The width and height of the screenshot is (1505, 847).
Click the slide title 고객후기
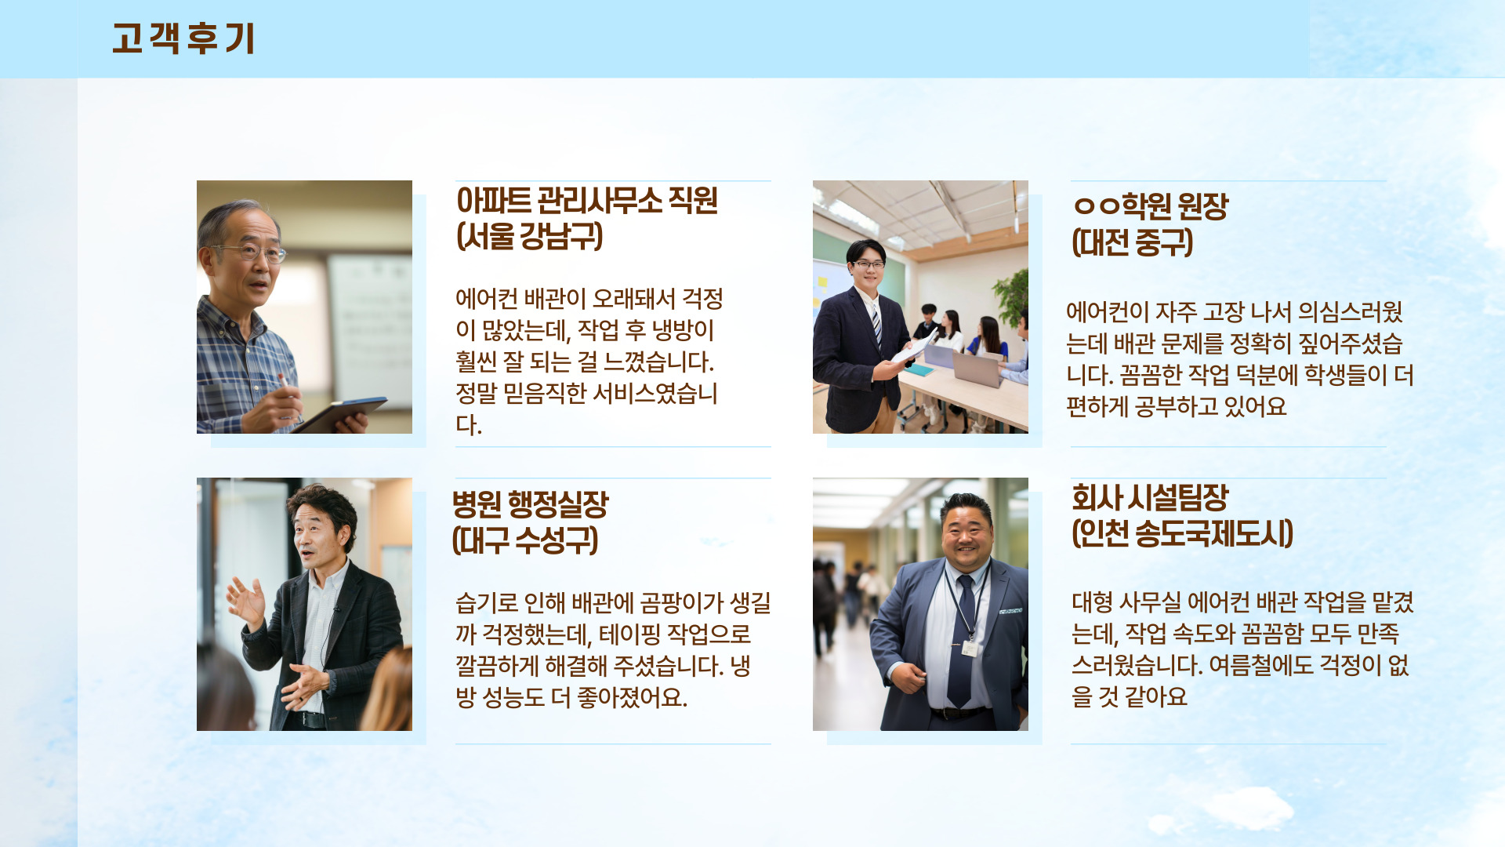(x=183, y=38)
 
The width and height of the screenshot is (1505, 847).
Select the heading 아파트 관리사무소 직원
(x=587, y=201)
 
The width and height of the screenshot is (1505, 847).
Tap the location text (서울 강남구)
(x=530, y=236)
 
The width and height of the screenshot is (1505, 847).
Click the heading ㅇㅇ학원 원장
(x=1151, y=206)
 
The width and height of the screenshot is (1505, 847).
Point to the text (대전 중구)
(x=1133, y=242)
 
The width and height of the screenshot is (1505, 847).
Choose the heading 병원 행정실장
(x=531, y=504)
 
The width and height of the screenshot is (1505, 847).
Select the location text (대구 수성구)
(x=525, y=540)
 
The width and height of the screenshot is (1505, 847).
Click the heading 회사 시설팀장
(x=1150, y=497)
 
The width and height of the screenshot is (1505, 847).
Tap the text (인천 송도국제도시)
(x=1182, y=533)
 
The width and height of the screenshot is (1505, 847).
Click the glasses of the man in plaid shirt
(x=252, y=252)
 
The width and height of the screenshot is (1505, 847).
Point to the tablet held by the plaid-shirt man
(x=339, y=413)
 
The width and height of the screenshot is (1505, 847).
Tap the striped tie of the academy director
(x=876, y=324)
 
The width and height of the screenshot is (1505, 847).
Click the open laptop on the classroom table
(x=977, y=368)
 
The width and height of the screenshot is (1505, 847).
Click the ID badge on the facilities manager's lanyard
(x=970, y=649)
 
